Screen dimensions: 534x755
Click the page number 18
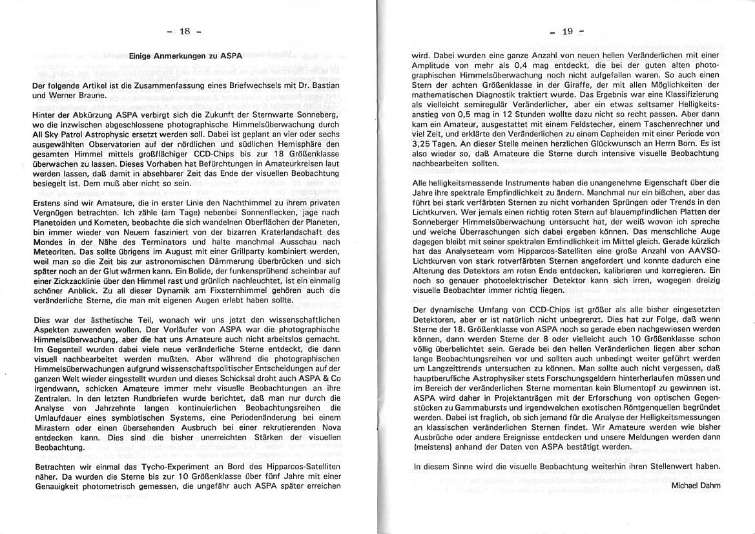(185, 32)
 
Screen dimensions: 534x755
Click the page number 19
(568, 32)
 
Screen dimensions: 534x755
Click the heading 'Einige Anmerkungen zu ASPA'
(185, 56)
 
